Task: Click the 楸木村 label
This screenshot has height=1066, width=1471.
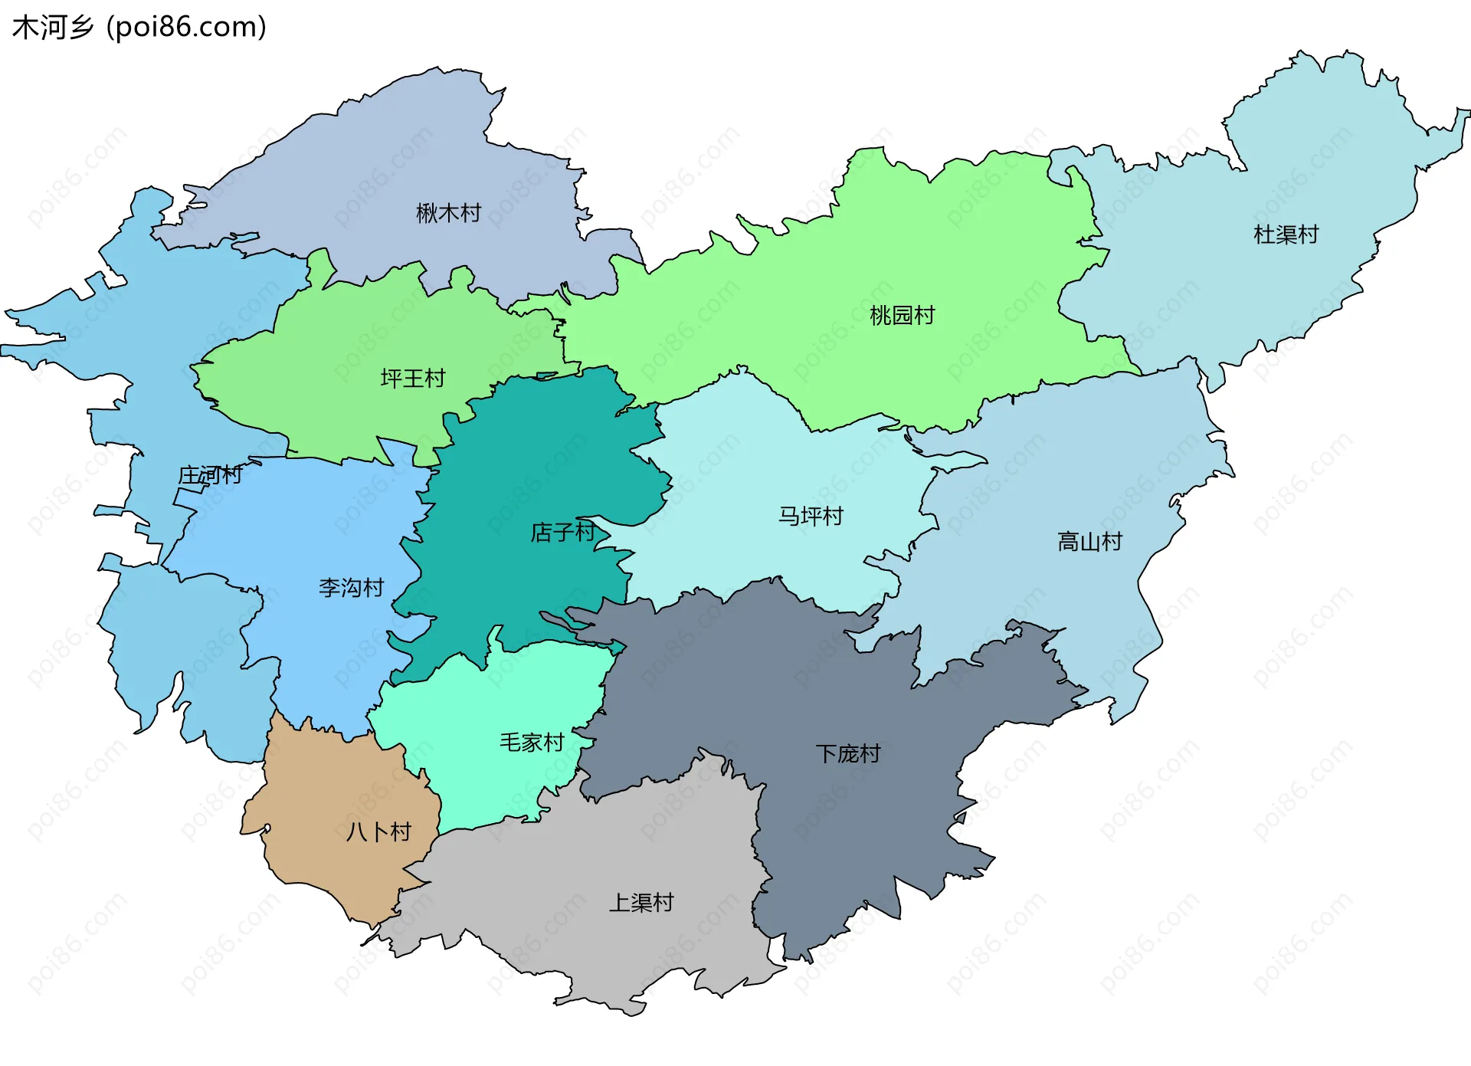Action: coord(448,213)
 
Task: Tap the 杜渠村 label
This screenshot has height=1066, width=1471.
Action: coord(1286,235)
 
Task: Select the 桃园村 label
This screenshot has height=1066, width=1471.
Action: coord(902,315)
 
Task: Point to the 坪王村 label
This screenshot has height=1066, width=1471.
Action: coord(413,379)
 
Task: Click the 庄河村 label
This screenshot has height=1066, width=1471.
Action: coord(210,475)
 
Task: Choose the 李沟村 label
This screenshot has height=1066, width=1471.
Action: coord(351,588)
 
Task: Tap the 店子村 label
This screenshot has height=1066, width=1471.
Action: coord(562,532)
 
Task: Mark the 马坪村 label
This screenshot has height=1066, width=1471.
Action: coord(811,516)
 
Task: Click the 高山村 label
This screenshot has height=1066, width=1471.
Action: coord(1089,542)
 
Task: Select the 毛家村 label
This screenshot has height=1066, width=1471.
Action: coord(532,742)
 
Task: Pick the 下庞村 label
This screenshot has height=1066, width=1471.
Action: coord(847,753)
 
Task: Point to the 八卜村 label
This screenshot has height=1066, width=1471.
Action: coord(378,831)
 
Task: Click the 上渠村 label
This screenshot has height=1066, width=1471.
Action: coord(641,902)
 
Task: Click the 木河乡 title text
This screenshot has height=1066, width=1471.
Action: coord(52,28)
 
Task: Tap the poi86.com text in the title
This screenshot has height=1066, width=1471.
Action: coord(186,28)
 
